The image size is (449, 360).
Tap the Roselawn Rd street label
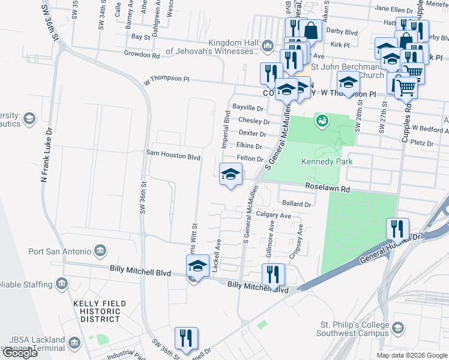click(328, 188)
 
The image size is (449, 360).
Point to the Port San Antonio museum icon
click(100, 250)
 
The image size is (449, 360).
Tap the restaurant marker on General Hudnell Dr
click(398, 229)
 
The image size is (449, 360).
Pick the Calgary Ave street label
click(273, 215)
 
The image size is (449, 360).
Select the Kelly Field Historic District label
click(100, 311)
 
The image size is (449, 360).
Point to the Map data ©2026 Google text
click(411, 355)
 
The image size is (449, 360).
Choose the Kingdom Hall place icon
click(268, 46)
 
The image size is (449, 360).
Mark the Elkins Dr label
click(249, 146)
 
